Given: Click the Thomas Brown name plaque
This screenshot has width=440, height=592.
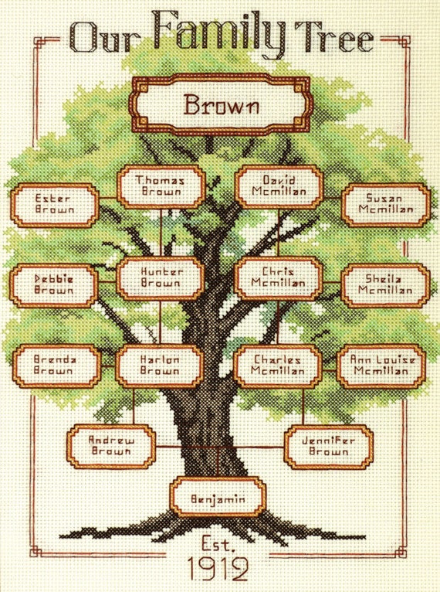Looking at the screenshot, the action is [x=161, y=186].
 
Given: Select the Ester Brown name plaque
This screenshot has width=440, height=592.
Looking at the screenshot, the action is [x=55, y=205].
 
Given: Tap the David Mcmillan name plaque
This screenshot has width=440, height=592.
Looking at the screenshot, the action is [x=279, y=186].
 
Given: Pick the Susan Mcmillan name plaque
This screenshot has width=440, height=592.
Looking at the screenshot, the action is [x=386, y=205].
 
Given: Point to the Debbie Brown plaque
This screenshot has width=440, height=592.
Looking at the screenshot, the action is [x=54, y=285].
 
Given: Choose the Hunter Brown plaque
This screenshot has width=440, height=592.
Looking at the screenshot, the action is [x=161, y=278].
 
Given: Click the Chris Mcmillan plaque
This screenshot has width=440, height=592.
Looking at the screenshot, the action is [x=279, y=278].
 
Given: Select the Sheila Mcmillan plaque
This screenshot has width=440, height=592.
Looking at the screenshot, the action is [x=386, y=285].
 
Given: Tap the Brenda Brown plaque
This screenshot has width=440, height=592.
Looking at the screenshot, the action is [x=56, y=366].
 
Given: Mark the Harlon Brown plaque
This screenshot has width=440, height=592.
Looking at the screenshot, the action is [x=160, y=366].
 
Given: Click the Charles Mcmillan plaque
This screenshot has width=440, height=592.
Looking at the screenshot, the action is [x=278, y=366].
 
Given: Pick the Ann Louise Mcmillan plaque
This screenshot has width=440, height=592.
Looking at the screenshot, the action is [x=381, y=366].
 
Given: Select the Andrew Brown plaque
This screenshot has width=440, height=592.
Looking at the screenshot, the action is [x=111, y=446].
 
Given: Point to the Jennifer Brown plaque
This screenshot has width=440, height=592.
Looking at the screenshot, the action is [x=329, y=447].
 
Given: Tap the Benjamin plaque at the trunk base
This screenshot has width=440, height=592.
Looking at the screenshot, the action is [x=218, y=497].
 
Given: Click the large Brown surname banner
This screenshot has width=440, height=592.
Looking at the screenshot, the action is [x=221, y=104].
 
